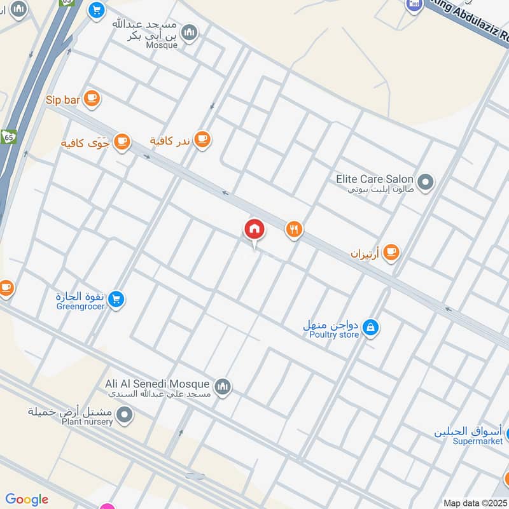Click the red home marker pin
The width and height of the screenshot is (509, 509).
[254, 229]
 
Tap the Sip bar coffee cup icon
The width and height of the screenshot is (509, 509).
[92, 99]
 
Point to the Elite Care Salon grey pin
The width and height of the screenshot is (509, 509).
[426, 183]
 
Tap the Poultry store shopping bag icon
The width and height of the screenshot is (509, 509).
[370, 328]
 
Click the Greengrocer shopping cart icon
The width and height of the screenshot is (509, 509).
[115, 298]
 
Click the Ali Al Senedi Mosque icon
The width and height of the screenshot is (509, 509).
[223, 386]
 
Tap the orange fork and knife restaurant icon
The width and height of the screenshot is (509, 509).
[293, 230]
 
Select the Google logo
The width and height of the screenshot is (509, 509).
[27, 499]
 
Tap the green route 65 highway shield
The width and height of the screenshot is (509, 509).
[8, 137]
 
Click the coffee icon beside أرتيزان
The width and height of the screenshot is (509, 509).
[391, 253]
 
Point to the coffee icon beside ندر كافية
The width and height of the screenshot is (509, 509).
[202, 139]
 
